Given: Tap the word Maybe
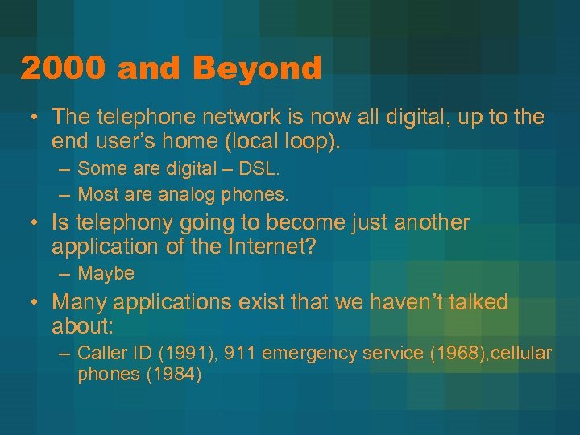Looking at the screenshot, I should tap(106, 274).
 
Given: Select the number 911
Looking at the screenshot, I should tap(239, 353).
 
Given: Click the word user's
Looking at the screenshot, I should tap(132, 143).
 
